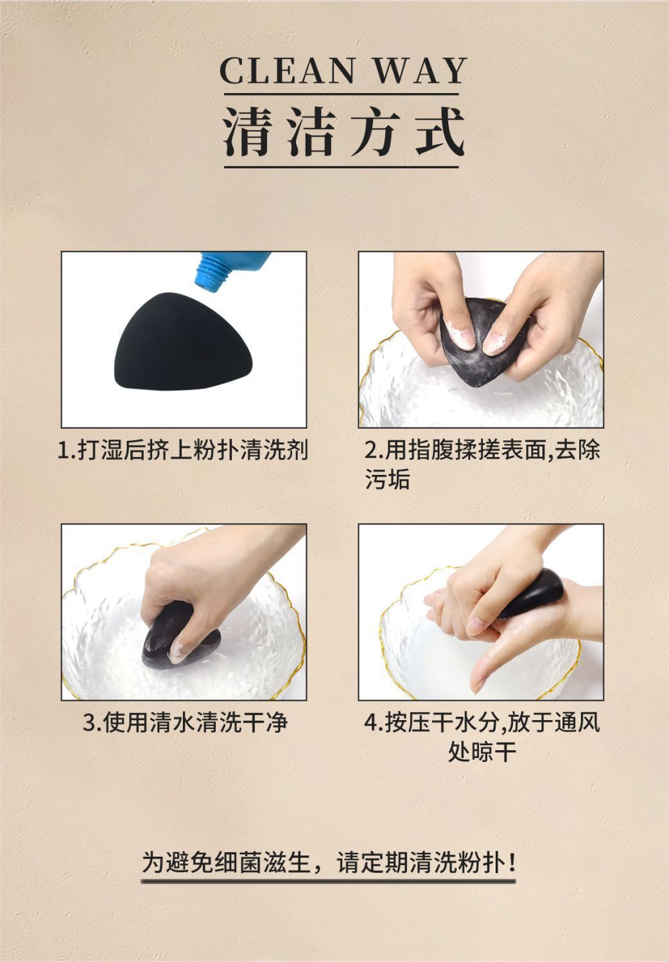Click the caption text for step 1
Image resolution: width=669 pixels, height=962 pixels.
coord(184,451)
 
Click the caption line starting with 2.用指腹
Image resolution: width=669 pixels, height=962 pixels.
coord(482,451)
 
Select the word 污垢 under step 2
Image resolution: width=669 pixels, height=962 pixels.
coord(388,480)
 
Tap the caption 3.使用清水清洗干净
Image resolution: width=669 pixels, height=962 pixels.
coord(185,723)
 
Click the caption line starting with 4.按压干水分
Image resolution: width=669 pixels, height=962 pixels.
coord(482,723)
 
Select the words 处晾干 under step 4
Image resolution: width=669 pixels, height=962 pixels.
coord(482,752)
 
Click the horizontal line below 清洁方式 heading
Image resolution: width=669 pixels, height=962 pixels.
coord(341,168)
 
